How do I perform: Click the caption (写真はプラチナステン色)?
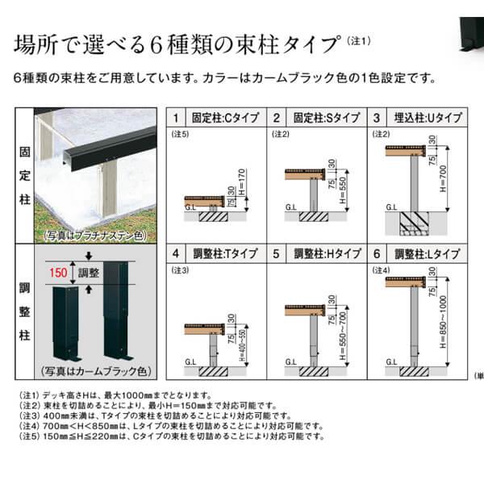(x=95, y=236)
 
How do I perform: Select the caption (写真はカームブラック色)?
(x=95, y=372)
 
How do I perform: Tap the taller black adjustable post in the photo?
(x=117, y=311)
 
